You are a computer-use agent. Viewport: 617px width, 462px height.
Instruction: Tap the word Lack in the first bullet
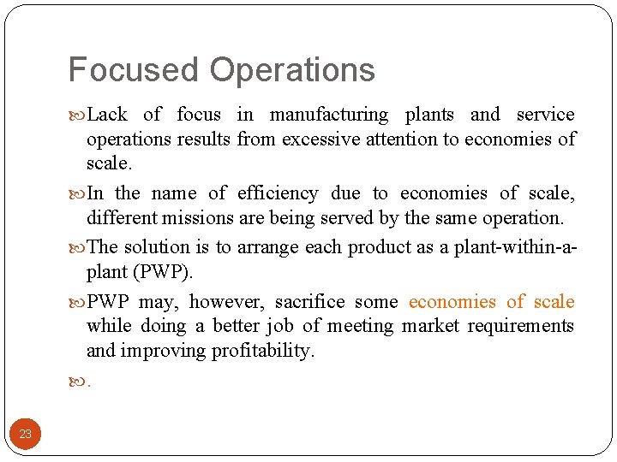[x=107, y=115]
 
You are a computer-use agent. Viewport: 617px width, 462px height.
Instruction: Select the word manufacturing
[x=329, y=115]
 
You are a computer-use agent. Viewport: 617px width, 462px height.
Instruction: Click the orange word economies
[x=452, y=302]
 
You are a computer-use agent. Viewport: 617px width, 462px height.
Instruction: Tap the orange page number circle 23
[x=25, y=434]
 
